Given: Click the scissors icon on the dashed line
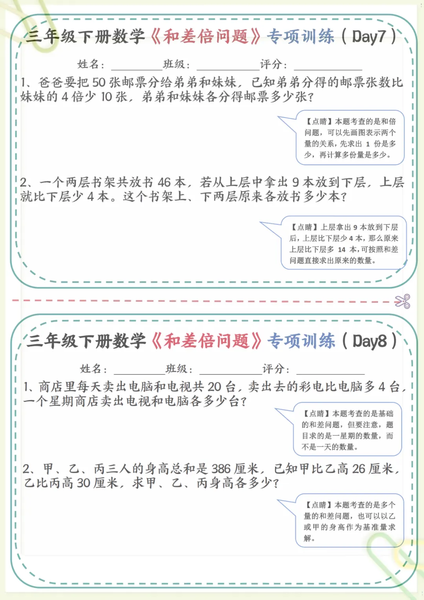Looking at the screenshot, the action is tap(402, 301).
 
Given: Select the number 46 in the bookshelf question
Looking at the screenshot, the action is tap(164, 182).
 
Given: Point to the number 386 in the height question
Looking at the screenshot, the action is tap(221, 469).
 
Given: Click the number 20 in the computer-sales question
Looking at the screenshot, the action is tap(214, 387).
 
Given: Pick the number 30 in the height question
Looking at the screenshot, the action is tap(84, 483).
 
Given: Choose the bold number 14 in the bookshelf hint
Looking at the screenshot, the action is tap(342, 250).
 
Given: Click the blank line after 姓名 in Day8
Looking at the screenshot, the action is tap(139, 372).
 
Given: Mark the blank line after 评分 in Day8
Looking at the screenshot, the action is tap(330, 372).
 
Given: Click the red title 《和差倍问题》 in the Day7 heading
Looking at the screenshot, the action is tap(206, 37).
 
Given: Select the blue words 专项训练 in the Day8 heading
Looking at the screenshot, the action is tap(301, 341).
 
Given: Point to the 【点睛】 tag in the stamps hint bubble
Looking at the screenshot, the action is tap(319, 121).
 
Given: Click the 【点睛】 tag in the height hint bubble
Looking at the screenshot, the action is tap(318, 505).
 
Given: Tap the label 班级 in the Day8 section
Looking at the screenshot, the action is tap(176, 369).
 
